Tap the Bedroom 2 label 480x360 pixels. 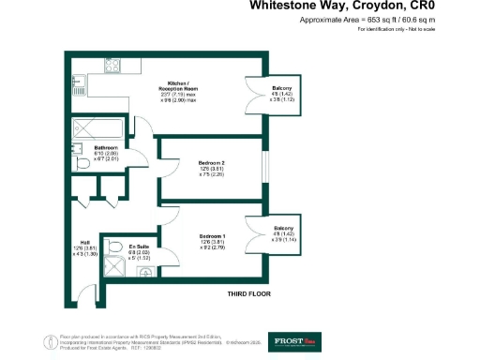point(211,162)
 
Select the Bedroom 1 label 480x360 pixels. point(211,235)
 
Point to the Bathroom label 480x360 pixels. point(105,148)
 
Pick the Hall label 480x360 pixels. point(84,241)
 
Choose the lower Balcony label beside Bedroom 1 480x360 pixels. point(283,229)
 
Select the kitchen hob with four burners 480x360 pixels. point(112,68)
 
